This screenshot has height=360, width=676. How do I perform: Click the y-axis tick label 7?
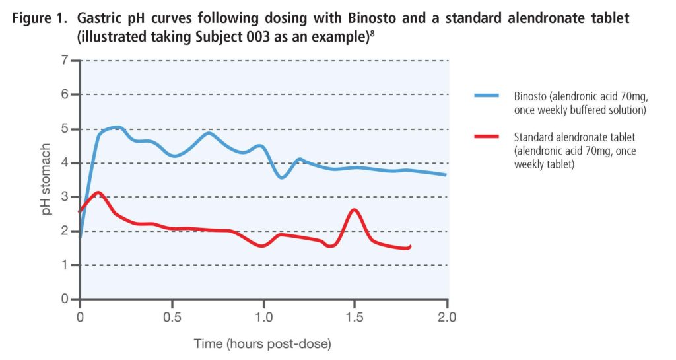click(x=65, y=61)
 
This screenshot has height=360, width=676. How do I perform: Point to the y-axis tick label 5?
click(x=65, y=129)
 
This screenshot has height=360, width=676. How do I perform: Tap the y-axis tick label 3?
click(x=65, y=197)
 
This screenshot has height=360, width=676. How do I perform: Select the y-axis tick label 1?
click(x=65, y=265)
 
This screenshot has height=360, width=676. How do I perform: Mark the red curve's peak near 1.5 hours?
click(x=355, y=210)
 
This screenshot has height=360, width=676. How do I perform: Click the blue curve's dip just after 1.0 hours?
click(x=282, y=178)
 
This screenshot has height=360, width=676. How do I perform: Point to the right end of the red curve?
click(x=410, y=246)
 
